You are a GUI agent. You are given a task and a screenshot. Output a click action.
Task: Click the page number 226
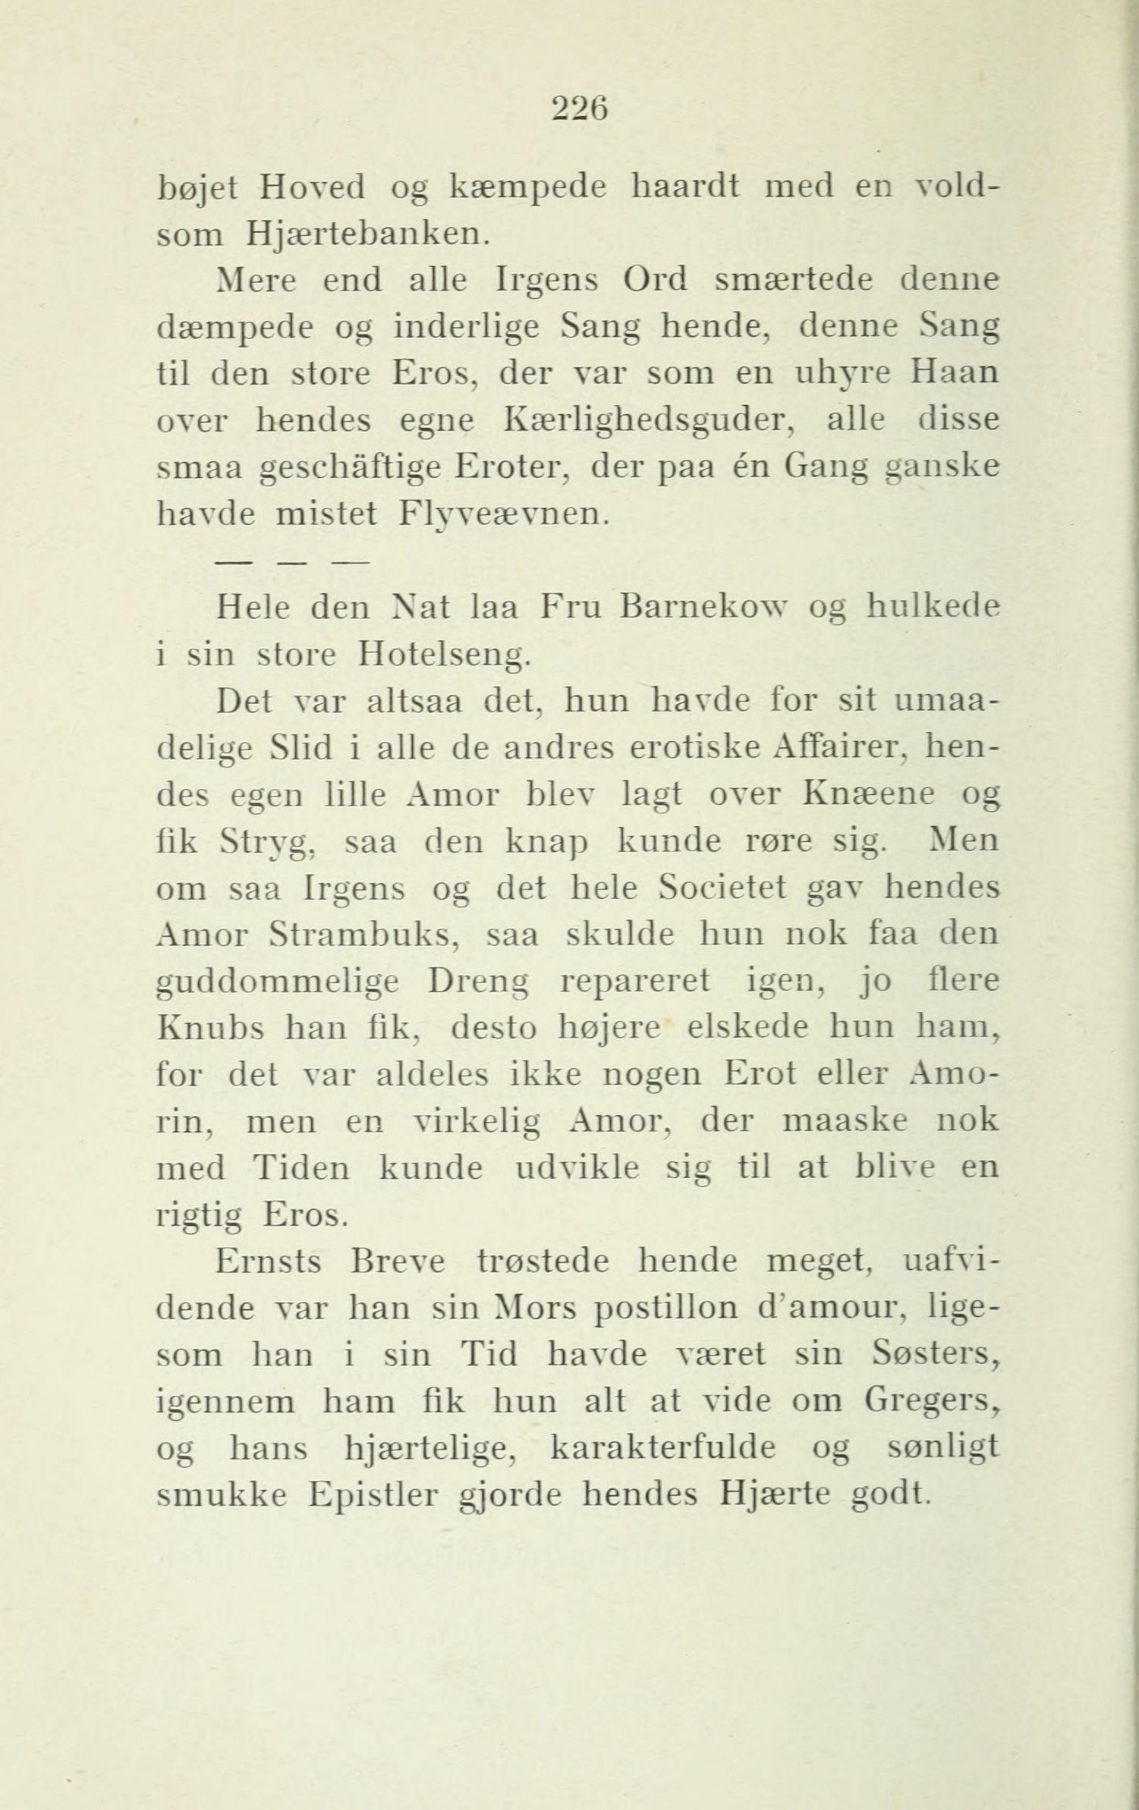[x=579, y=109]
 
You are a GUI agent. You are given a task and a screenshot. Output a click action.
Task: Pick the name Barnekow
[x=712, y=608]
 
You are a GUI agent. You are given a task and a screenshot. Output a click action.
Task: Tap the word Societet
[x=722, y=888]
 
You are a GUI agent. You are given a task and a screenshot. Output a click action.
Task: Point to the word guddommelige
[x=277, y=982]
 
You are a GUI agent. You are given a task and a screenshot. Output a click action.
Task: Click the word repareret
[x=634, y=982]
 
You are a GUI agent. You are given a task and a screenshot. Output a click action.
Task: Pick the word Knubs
[x=209, y=1029]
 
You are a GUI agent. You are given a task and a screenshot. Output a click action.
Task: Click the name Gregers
[x=933, y=1402]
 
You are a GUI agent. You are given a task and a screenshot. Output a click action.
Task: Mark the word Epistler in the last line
[x=373, y=1495]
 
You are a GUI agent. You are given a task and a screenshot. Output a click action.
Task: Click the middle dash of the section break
[x=292, y=562]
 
